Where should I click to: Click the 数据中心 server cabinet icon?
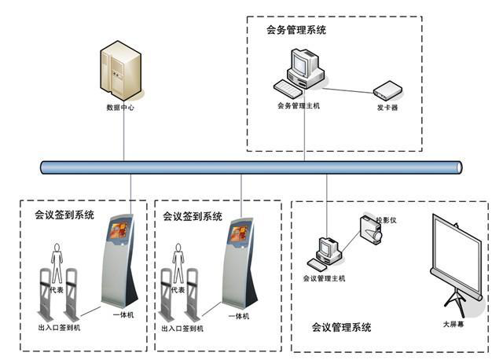coord(120,70)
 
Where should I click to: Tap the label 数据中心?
coord(120,108)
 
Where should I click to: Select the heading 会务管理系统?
coord(296,30)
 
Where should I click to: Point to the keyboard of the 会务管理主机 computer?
coord(288,89)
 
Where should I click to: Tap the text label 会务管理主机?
coord(299,105)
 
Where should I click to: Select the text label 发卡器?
coord(387,108)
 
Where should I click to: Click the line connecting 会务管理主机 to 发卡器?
coord(347,91)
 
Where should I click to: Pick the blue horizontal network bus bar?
coord(251,167)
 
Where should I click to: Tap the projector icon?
coord(371,230)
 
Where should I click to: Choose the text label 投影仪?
coord(387,220)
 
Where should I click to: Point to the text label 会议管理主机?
coord(324,278)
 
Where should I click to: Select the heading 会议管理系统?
coord(341,327)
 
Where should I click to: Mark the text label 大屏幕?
coord(453,324)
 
